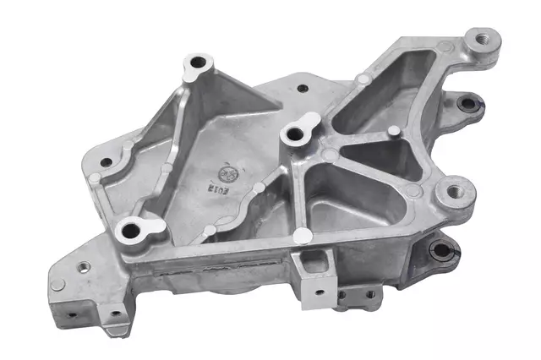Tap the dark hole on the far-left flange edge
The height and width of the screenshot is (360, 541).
coord(106,161)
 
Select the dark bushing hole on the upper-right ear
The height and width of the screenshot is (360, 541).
coord(467,104)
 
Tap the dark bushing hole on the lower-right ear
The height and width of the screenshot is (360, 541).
coord(441,249)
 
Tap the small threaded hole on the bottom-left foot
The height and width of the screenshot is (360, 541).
coord(84,267)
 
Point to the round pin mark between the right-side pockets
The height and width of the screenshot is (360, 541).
coord(393,131)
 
